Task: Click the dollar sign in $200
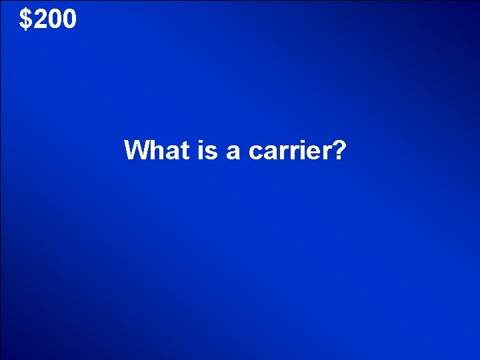click(x=25, y=20)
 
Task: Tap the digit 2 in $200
click(x=39, y=20)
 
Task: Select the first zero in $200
click(x=54, y=20)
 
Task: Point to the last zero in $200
click(x=69, y=20)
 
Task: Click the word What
click(x=157, y=150)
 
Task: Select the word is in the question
click(x=207, y=150)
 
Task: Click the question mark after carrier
click(x=338, y=150)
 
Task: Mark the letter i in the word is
click(x=201, y=150)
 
